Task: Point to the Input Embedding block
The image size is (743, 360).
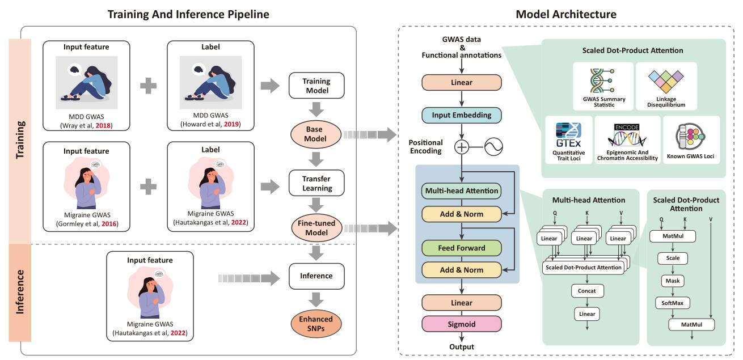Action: tap(461, 115)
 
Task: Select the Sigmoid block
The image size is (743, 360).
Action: tap(461, 324)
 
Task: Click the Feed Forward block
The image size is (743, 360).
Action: tap(461, 248)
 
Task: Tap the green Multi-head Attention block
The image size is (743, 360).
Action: tap(461, 191)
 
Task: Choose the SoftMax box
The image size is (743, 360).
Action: tap(672, 303)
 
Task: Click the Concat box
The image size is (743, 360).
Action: tap(587, 291)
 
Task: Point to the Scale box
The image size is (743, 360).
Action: tap(672, 258)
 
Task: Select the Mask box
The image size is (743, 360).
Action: tap(672, 281)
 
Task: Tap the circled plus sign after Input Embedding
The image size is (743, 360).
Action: tap(462, 147)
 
